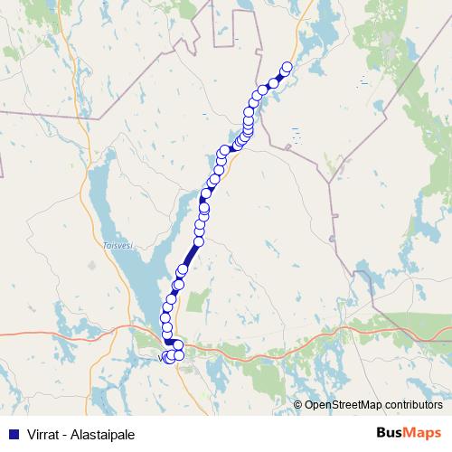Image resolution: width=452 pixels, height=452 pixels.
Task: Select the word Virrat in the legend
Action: coord(43,435)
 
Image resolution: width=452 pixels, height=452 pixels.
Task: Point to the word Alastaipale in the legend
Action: coord(103,435)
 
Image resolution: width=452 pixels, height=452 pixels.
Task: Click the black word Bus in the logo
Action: coord(391,433)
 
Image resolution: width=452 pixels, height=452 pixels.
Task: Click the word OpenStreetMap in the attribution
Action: coord(344,405)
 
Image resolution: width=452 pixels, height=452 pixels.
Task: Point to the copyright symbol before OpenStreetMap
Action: coord(298,405)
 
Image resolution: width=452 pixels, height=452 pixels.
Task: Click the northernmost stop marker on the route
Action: coord(287,67)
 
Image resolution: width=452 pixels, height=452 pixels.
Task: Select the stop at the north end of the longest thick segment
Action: coord(199,241)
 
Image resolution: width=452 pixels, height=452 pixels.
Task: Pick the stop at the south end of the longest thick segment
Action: coord(183,269)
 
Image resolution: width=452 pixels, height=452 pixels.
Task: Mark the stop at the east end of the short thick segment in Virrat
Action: coord(178,344)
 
